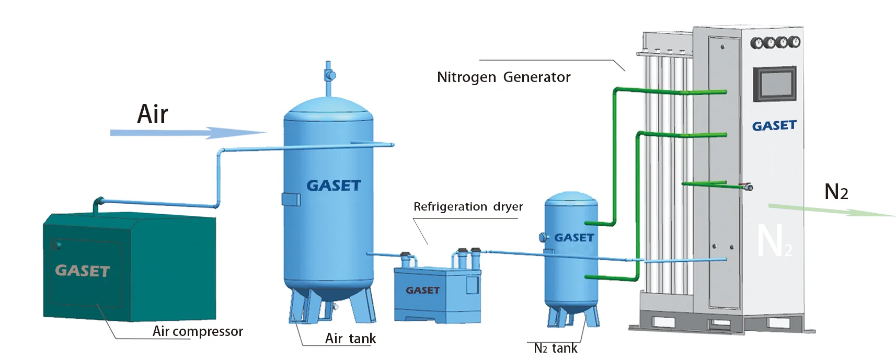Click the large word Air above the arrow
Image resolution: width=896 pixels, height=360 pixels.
click(x=153, y=114)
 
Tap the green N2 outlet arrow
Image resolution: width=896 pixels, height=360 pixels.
click(x=831, y=211)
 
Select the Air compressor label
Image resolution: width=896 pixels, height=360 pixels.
click(x=198, y=331)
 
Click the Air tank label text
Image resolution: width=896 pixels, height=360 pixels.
click(x=350, y=339)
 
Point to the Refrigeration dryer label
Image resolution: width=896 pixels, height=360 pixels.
click(x=468, y=207)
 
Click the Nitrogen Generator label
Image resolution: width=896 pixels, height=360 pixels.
click(x=503, y=77)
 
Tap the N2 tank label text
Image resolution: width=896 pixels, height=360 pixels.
click(x=556, y=348)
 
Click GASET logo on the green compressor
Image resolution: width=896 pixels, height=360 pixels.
click(x=83, y=271)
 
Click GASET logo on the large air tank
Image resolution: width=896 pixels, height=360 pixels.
click(x=334, y=185)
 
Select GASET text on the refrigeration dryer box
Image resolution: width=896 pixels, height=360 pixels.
click(x=422, y=291)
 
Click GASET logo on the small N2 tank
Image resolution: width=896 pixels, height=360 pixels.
click(x=574, y=238)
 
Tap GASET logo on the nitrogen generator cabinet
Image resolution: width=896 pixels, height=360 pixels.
click(x=774, y=126)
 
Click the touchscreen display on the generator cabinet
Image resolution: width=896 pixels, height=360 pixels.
click(x=774, y=84)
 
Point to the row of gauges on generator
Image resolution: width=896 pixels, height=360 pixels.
click(x=775, y=42)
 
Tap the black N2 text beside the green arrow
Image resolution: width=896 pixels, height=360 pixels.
click(x=836, y=192)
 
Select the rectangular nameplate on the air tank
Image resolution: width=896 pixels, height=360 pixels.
click(x=291, y=199)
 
